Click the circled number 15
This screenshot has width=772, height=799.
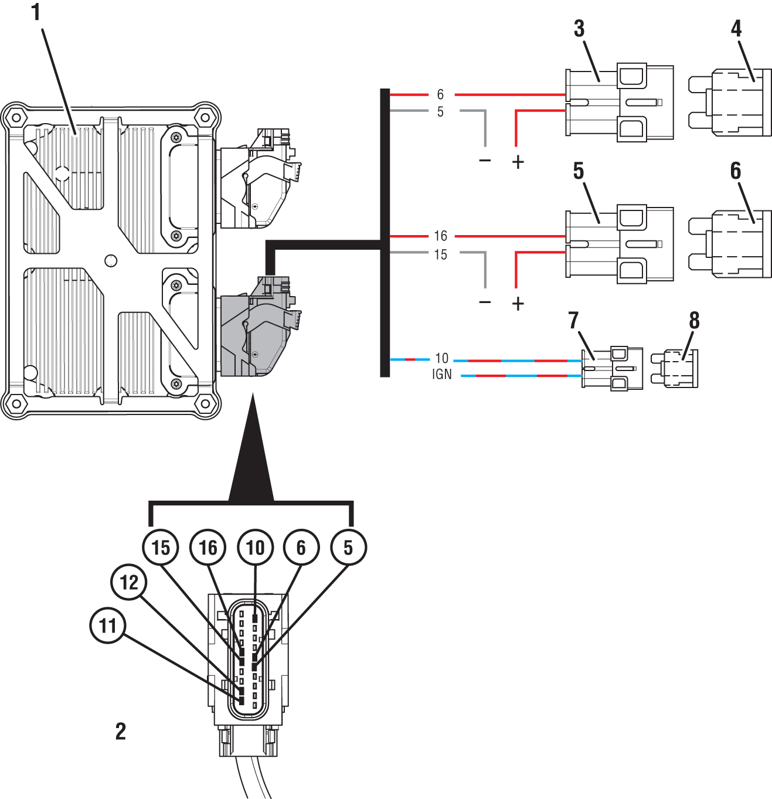tap(161, 548)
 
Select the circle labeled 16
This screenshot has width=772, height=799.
tap(208, 548)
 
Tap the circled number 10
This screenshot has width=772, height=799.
tap(256, 548)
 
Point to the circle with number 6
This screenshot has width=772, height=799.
tap(301, 548)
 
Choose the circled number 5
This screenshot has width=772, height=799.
tap(349, 548)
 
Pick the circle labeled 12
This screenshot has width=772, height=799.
tap(129, 582)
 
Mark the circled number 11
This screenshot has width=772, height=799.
tap(108, 625)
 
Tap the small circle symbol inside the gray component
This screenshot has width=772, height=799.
tap(255, 354)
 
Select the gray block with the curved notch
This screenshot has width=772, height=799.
tap(251, 512)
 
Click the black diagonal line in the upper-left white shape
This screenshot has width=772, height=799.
tap(59, 76)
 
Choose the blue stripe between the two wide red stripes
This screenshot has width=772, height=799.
tap(521, 434)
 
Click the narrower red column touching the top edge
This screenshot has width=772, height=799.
tap(413, 47)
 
